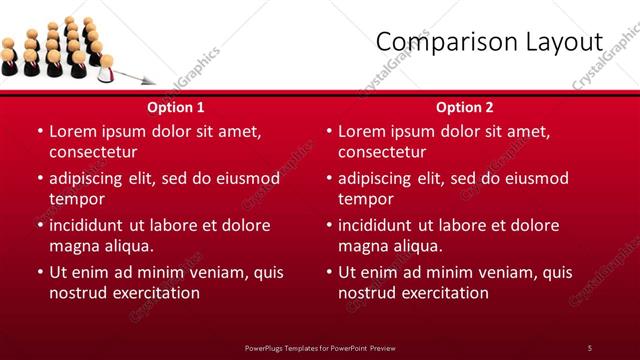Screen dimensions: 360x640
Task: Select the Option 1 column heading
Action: tap(176, 106)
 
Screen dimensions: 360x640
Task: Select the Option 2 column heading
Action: tap(465, 106)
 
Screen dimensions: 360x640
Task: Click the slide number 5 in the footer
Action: tap(589, 347)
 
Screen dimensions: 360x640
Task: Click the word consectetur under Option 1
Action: tap(93, 152)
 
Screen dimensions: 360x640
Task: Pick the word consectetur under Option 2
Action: tap(382, 152)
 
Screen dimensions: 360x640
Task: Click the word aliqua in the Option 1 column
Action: tap(124, 245)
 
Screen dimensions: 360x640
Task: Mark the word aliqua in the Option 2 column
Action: tap(413, 245)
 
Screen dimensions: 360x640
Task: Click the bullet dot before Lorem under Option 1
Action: tap(39, 132)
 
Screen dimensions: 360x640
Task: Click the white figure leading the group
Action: tap(106, 67)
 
